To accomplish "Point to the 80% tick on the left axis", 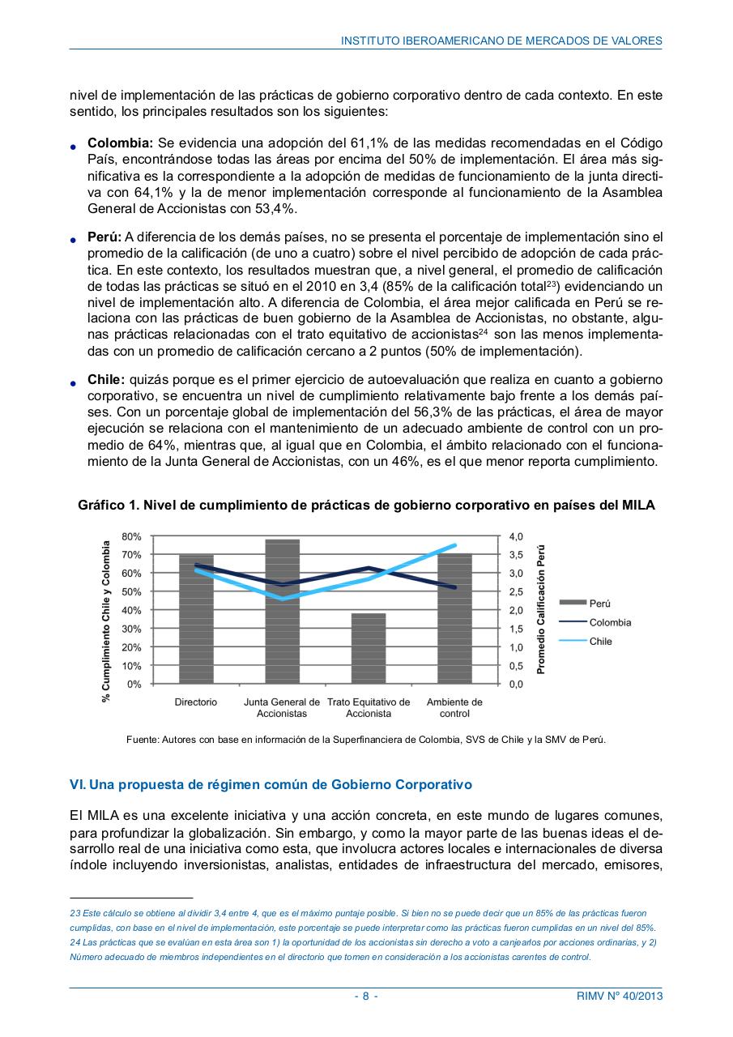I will click(x=131, y=536).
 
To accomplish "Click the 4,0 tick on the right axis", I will click(x=516, y=536).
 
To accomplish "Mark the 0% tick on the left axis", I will click(x=134, y=684).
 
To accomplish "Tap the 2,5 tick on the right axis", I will click(x=516, y=591).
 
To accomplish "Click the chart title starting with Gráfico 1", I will click(x=366, y=505).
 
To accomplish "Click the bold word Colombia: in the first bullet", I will click(x=120, y=143).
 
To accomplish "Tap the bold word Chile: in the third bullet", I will click(x=106, y=379).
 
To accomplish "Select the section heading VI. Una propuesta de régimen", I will click(x=271, y=785).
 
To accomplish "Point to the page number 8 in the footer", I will click(x=366, y=996).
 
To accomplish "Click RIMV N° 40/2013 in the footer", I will click(x=613, y=996).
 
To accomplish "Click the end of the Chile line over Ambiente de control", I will click(x=455, y=545).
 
